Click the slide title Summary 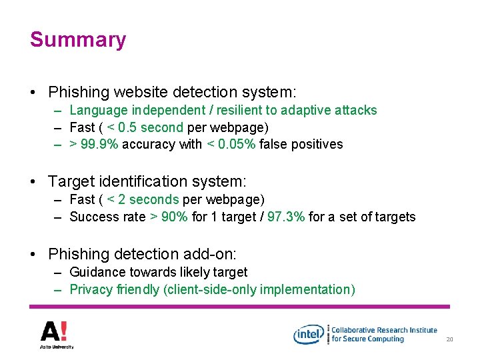[78, 39]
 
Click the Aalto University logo [57, 334]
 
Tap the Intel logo [308, 334]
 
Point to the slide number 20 [449, 340]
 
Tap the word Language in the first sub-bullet [99, 111]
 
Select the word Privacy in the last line [91, 289]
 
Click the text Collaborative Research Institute [384, 330]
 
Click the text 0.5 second [150, 127]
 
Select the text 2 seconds [149, 199]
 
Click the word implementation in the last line [307, 289]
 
